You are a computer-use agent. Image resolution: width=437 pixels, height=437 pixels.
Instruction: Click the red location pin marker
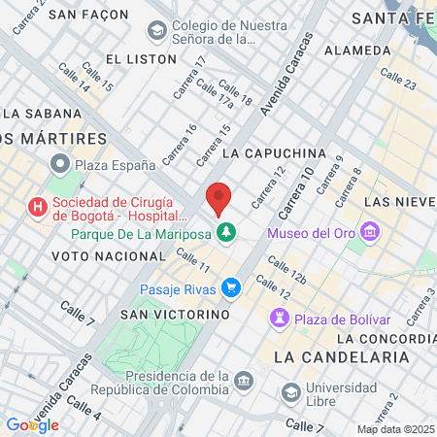(218, 197)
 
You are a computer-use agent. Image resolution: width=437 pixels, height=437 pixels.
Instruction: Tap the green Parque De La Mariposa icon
(226, 232)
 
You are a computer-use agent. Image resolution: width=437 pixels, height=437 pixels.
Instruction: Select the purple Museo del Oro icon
(369, 232)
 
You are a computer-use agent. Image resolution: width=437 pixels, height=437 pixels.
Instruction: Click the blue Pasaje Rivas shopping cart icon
(230, 287)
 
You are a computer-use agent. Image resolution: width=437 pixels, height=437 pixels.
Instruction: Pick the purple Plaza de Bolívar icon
(280, 319)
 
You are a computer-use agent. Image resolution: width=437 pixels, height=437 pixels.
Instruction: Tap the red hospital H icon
(37, 206)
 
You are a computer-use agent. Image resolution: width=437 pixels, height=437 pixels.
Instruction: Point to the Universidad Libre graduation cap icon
(290, 392)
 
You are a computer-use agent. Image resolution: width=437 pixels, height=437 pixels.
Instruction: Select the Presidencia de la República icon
(243, 379)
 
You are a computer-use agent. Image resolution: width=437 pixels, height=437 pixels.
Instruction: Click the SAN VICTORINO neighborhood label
(175, 315)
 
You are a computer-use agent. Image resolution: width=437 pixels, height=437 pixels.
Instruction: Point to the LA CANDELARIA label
(341, 356)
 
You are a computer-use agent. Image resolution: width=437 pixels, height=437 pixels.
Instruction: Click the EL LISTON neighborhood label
(142, 59)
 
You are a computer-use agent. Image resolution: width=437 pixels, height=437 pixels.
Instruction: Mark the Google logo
(32, 424)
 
